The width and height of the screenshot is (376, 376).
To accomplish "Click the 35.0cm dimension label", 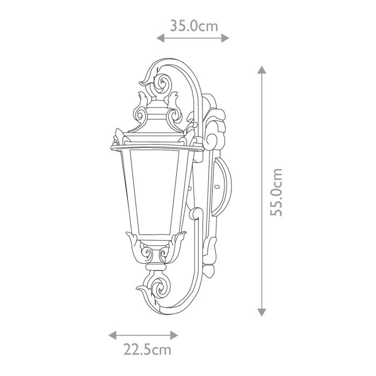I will pos(194,25).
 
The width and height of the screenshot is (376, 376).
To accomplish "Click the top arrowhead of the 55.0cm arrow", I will pos(262,70).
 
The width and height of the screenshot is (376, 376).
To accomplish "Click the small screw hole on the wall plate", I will pos(217,188).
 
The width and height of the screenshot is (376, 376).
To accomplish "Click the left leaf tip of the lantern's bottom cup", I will pos(128,234).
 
